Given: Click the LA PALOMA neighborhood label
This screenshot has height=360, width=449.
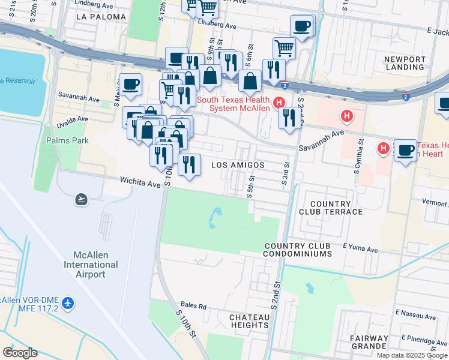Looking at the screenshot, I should click(x=101, y=17).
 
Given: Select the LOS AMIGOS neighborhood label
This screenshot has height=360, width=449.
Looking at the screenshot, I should click(x=238, y=165).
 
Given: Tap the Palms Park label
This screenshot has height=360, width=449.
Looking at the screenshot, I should click(x=67, y=140).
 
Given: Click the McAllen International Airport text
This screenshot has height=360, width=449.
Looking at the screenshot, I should click(x=83, y=265).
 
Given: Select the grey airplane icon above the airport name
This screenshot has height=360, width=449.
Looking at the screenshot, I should click(x=82, y=199).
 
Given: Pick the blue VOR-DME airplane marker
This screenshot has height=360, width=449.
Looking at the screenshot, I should click(x=68, y=303).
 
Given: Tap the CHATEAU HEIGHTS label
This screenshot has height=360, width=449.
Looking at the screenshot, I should click(x=249, y=321).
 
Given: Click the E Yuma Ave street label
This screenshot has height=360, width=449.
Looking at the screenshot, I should click(x=360, y=249).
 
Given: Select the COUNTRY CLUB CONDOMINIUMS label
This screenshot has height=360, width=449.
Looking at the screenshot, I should click(x=298, y=250).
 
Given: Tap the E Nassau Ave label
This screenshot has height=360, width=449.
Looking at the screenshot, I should click(x=415, y=315).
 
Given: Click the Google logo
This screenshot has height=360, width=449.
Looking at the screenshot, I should click(x=20, y=353).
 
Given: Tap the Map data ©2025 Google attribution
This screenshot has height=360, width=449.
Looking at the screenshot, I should click(x=412, y=355).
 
